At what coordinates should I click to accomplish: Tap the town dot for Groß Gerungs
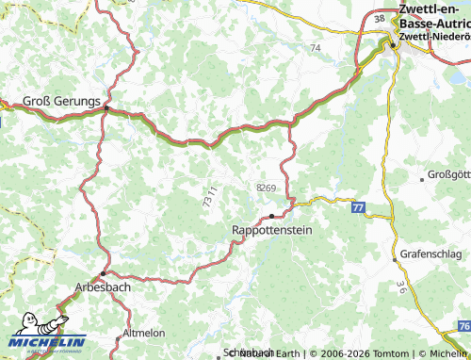106,108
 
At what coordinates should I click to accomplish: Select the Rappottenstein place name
271,229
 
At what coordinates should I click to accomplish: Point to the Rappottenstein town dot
272,216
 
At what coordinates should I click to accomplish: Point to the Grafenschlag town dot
393,260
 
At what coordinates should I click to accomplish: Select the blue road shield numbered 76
462,324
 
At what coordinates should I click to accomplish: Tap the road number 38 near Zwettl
379,19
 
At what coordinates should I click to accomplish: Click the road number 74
315,47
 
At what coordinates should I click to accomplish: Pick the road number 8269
266,188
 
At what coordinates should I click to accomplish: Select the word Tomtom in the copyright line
380,352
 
